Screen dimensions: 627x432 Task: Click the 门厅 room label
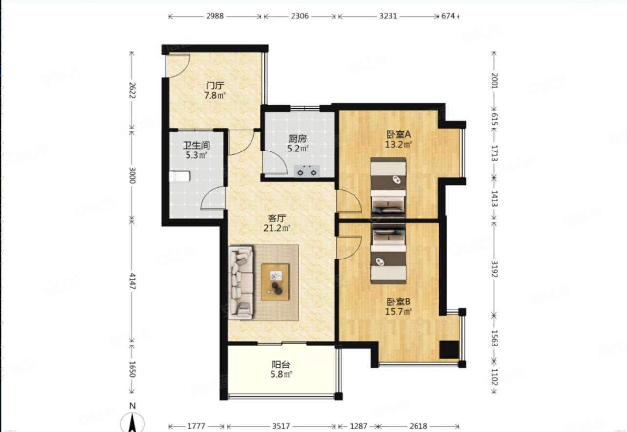[215, 86]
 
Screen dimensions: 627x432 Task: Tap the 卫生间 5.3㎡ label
[196, 150]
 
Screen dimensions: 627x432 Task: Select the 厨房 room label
[297, 139]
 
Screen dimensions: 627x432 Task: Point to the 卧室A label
[398, 135]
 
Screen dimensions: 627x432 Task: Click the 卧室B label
[398, 302]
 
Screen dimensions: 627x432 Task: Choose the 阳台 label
[281, 365]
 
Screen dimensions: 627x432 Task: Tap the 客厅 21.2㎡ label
[276, 223]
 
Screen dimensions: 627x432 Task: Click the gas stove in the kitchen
[307, 171]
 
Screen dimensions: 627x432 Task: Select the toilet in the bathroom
[180, 176]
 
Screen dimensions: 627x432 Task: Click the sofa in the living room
[241, 282]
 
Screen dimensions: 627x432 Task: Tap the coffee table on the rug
[275, 282]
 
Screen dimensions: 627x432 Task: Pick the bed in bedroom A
[388, 188]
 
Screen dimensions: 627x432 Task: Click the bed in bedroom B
[388, 254]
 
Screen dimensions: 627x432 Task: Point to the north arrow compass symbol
[132, 422]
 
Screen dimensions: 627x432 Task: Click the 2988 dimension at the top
[215, 16]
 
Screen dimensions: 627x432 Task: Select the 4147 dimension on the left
[132, 281]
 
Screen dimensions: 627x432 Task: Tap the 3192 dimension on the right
[494, 269]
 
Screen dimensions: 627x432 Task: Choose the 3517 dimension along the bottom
[281, 426]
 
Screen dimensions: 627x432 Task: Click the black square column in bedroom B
[449, 349]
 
